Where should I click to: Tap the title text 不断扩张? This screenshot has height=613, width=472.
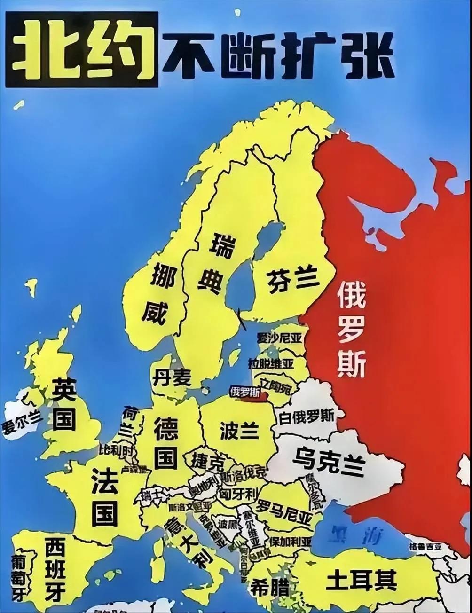(277, 55)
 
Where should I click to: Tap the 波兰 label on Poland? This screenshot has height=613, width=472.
(239, 430)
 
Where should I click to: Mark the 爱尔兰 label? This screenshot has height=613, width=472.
(22, 421)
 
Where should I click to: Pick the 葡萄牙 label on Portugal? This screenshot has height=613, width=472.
(19, 577)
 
